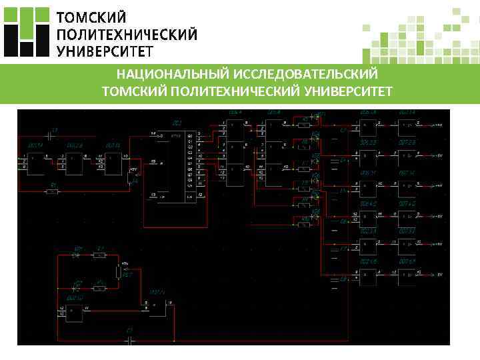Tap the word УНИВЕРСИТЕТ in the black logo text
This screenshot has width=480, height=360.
pos(105,51)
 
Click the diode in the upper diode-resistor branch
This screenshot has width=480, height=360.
pos(77,254)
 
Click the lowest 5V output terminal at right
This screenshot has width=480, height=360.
pos(439,274)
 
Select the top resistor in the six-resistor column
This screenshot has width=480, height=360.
pos(303,125)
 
